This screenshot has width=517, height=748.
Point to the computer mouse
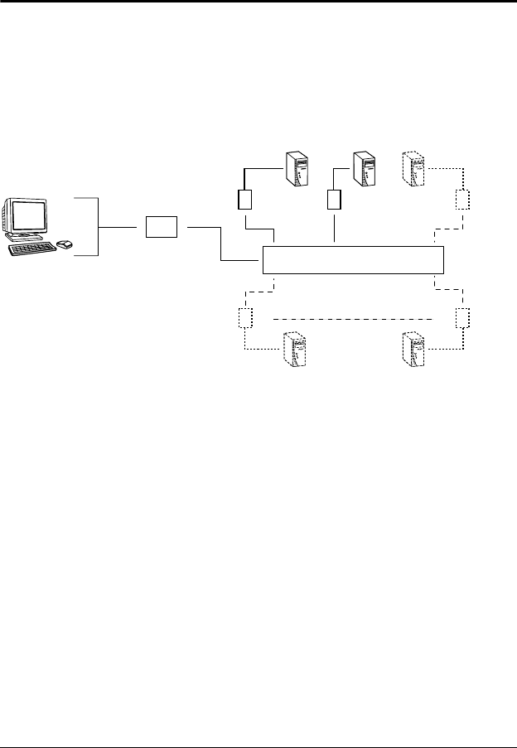[x=64, y=244]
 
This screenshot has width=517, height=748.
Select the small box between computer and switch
[x=161, y=226]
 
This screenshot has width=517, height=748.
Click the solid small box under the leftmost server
[x=245, y=200]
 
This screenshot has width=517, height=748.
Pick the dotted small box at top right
[x=462, y=200]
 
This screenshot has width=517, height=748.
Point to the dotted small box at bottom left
[x=244, y=317]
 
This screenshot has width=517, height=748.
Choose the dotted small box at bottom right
[x=462, y=317]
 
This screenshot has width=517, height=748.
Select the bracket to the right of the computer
[x=99, y=226]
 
